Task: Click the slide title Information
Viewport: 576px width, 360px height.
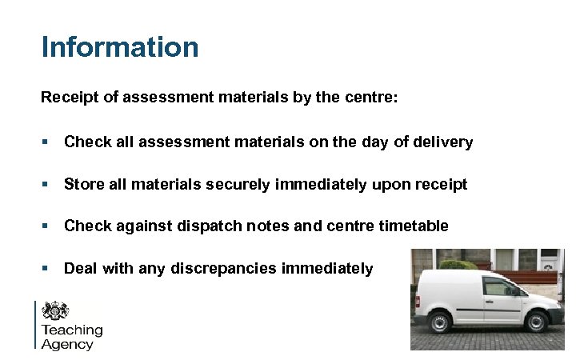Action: pyautogui.click(x=120, y=46)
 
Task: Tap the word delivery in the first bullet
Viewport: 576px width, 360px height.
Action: pyautogui.click(x=444, y=143)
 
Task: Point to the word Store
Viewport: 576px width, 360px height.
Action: pyautogui.click(x=83, y=186)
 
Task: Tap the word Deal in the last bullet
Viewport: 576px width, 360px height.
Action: pyautogui.click(x=81, y=269)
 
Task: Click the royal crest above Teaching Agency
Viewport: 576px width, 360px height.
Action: pyautogui.click(x=55, y=311)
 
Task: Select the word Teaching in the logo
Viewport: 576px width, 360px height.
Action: pyautogui.click(x=72, y=330)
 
